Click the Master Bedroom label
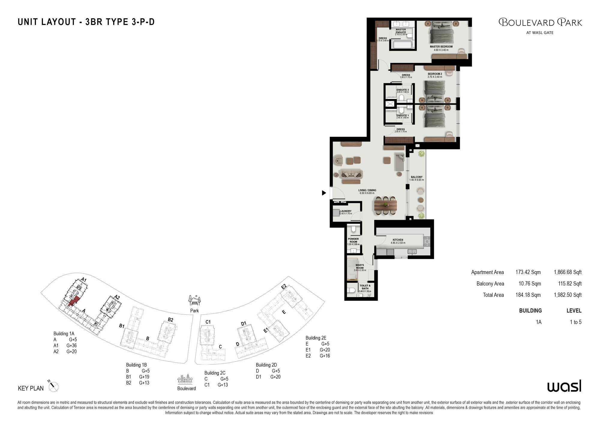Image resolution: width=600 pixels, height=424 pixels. (x=441, y=47)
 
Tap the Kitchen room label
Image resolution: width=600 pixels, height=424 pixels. (x=398, y=240)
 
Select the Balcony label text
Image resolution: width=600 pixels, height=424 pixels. (x=416, y=177)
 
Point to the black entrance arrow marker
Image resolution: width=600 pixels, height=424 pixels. (x=324, y=193)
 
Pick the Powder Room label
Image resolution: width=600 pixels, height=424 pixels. (x=353, y=240)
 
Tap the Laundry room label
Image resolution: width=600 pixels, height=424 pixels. (x=346, y=211)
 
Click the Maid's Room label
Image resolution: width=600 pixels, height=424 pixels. (x=360, y=267)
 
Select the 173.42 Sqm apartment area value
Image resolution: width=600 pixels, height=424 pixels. (x=528, y=272)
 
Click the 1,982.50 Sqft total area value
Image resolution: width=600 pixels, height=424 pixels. (x=568, y=295)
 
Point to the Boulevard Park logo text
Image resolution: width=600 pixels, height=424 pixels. (x=540, y=22)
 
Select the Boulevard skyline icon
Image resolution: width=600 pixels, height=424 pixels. (x=185, y=379)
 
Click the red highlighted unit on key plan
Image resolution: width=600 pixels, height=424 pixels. (x=74, y=301)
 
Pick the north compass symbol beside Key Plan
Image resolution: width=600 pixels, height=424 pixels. (x=53, y=386)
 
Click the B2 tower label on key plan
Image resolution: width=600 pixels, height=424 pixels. (x=170, y=320)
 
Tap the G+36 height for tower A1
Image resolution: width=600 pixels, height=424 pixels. (x=71, y=345)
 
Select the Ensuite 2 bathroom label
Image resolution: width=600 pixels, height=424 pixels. (x=402, y=90)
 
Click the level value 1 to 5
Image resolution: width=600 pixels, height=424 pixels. (x=575, y=322)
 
